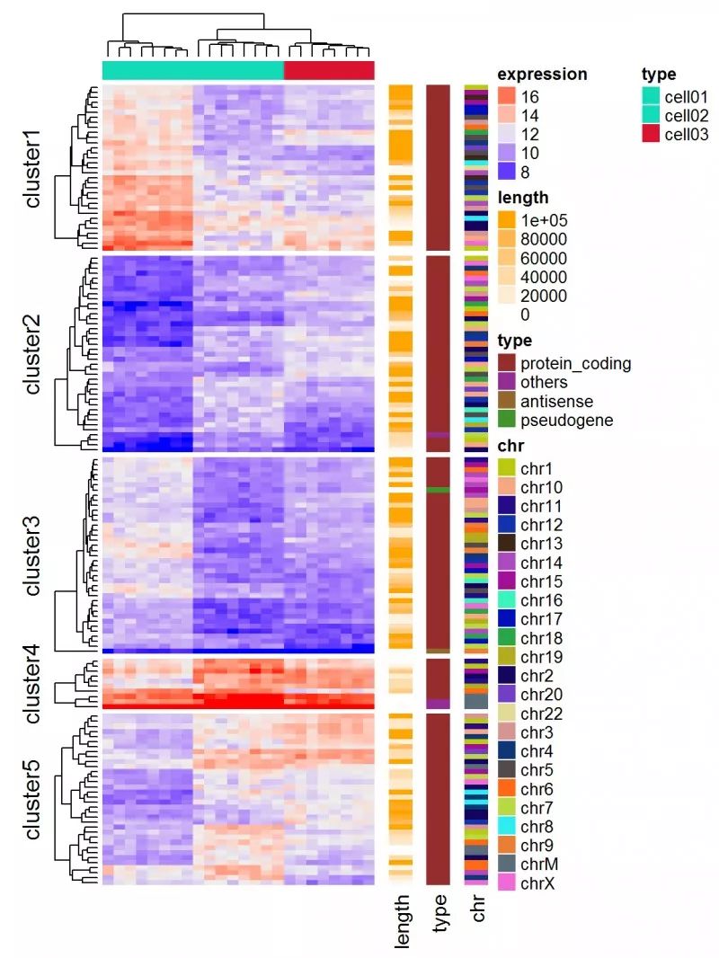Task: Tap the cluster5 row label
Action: (x=33, y=799)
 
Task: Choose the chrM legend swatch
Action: (x=507, y=865)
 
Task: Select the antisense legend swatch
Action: (x=507, y=402)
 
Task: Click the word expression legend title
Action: (x=542, y=75)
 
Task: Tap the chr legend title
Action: (x=510, y=445)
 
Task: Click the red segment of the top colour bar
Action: (x=329, y=70)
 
